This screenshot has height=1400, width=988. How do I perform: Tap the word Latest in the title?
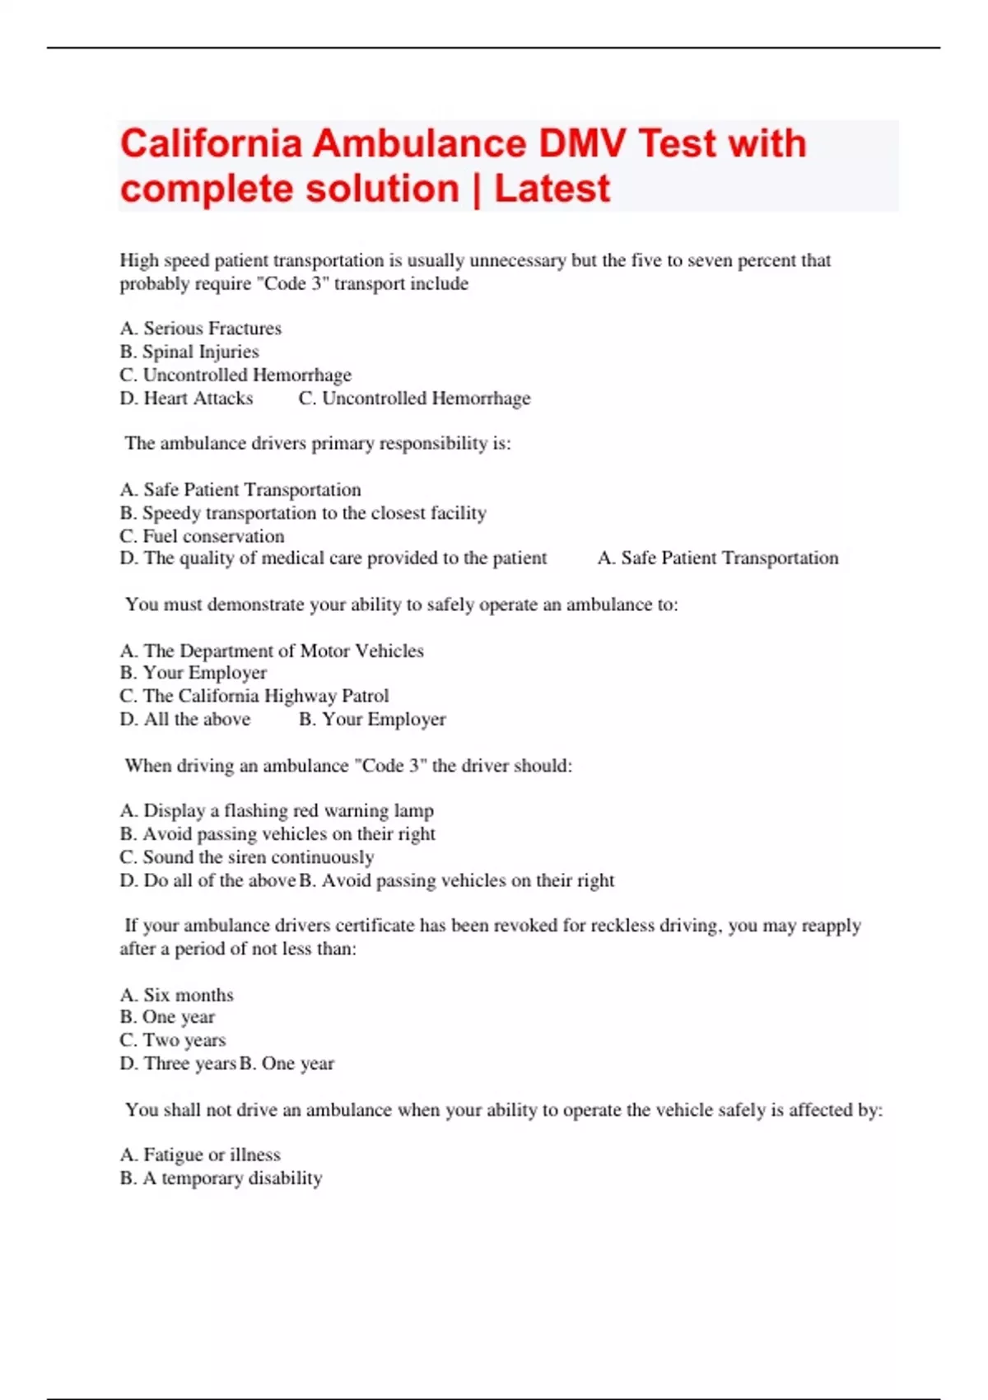pos(552,189)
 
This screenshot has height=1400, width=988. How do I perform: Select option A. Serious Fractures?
pos(201,329)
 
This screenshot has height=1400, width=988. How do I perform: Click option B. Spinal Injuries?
pos(189,352)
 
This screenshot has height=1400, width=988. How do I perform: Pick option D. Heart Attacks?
pos(187,399)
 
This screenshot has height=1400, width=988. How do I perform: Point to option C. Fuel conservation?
pos(203,536)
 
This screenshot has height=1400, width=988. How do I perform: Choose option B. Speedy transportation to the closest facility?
pos(303,513)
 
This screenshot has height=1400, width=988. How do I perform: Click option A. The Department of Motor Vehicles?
pos(272,651)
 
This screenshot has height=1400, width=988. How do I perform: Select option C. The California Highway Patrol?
pos(254,696)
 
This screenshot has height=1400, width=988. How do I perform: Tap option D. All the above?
pos(185,719)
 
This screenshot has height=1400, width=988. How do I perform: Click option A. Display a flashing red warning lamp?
pos(277,810)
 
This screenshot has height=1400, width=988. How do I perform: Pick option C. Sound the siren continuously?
pos(247,857)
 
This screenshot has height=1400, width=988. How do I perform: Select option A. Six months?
pos(177,995)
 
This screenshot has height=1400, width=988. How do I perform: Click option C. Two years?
pos(173,1040)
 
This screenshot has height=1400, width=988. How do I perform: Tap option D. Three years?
pos(178,1063)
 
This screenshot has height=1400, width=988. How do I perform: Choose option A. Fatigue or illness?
pos(200,1155)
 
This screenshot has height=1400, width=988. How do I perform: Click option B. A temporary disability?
pos(221,1178)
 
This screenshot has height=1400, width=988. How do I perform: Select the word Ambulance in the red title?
pos(420,143)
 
